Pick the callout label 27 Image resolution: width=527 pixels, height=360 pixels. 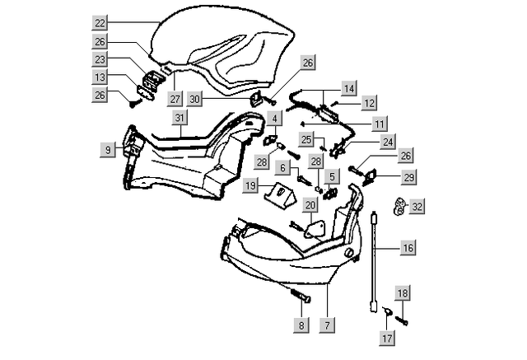coord(175,98)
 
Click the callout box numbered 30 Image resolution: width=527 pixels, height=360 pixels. coord(194,98)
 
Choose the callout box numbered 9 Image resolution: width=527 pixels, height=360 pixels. coord(108,149)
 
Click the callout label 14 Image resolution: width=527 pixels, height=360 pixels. coord(350,86)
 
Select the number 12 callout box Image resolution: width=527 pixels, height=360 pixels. coord(369,103)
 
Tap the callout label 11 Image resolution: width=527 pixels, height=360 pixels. coord(379,123)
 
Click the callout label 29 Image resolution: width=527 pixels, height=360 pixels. coord(408,176)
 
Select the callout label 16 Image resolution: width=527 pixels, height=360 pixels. coord(408,246)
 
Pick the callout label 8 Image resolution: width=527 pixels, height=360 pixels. coord(302,325)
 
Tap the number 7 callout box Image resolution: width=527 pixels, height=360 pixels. coord(327,325)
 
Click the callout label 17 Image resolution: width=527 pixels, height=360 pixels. coord(387,338)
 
